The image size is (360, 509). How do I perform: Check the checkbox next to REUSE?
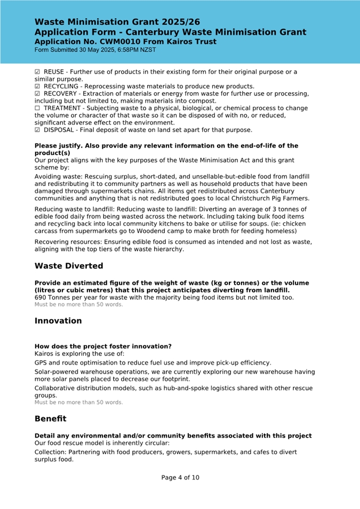coord(37,72)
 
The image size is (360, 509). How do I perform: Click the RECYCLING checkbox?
coord(37,86)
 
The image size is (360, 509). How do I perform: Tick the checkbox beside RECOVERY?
coord(37,94)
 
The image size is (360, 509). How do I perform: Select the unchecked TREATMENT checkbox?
coord(37,108)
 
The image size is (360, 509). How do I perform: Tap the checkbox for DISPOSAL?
coord(37,130)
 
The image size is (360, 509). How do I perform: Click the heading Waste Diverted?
coord(69,266)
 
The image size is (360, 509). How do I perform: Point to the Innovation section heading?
coord(58,321)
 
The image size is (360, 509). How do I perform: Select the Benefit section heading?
coord(51,419)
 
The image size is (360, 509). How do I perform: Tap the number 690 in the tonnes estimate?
coord(41,297)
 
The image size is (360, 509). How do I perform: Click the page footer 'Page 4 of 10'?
coord(180,478)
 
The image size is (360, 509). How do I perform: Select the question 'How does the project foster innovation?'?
coord(103,346)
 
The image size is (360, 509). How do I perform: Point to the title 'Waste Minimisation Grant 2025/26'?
coord(117,22)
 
